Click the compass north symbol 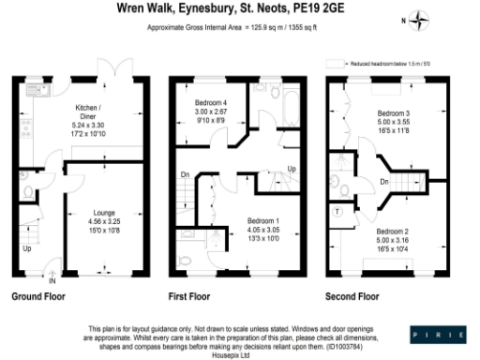(x=423, y=20)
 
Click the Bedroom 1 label (x=252, y=217)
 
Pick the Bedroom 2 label (x=394, y=231)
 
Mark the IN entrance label (x=53, y=280)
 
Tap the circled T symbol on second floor (x=337, y=213)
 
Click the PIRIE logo (x=438, y=334)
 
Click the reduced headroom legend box (x=330, y=65)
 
